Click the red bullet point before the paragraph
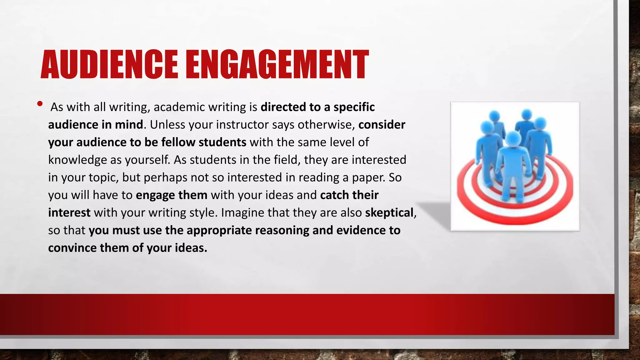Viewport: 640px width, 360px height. click(x=40, y=104)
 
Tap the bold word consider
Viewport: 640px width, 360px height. click(x=382, y=125)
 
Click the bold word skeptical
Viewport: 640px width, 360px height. click(x=389, y=213)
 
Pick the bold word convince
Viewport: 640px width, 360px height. click(x=72, y=248)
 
